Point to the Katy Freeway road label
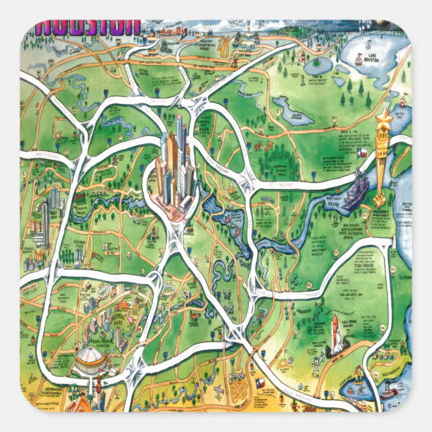coord(50,156)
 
